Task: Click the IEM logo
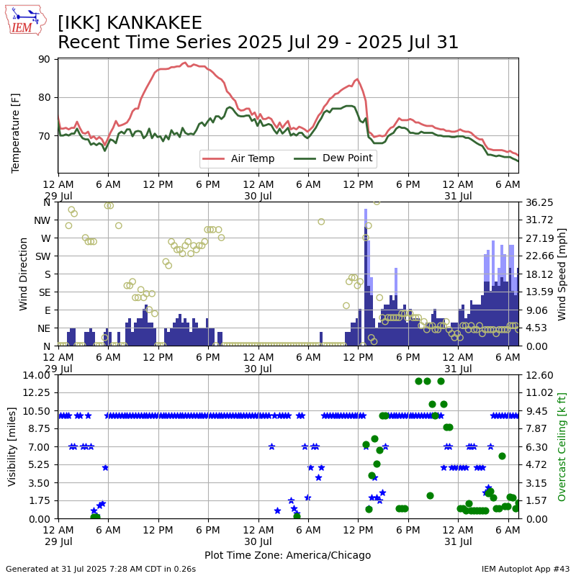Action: (26, 20)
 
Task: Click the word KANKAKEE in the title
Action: (154, 23)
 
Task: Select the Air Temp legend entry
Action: (238, 158)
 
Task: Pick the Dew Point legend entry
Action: (333, 158)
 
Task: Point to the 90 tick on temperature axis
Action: (44, 59)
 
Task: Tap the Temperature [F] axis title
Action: (15, 133)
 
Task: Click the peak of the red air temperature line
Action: (185, 63)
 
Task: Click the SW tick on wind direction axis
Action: (42, 256)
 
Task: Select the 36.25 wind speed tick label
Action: (539, 202)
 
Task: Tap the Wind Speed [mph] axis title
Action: (562, 274)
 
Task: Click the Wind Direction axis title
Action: (23, 274)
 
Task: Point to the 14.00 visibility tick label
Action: (36, 375)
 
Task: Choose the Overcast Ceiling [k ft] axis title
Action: (562, 446)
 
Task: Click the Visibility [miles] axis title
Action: (12, 446)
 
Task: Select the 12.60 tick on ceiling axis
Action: (539, 375)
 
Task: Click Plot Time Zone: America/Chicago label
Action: (287, 555)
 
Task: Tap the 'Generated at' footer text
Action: (101, 569)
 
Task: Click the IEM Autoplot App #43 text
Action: (526, 569)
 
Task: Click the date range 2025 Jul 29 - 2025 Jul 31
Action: (348, 42)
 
